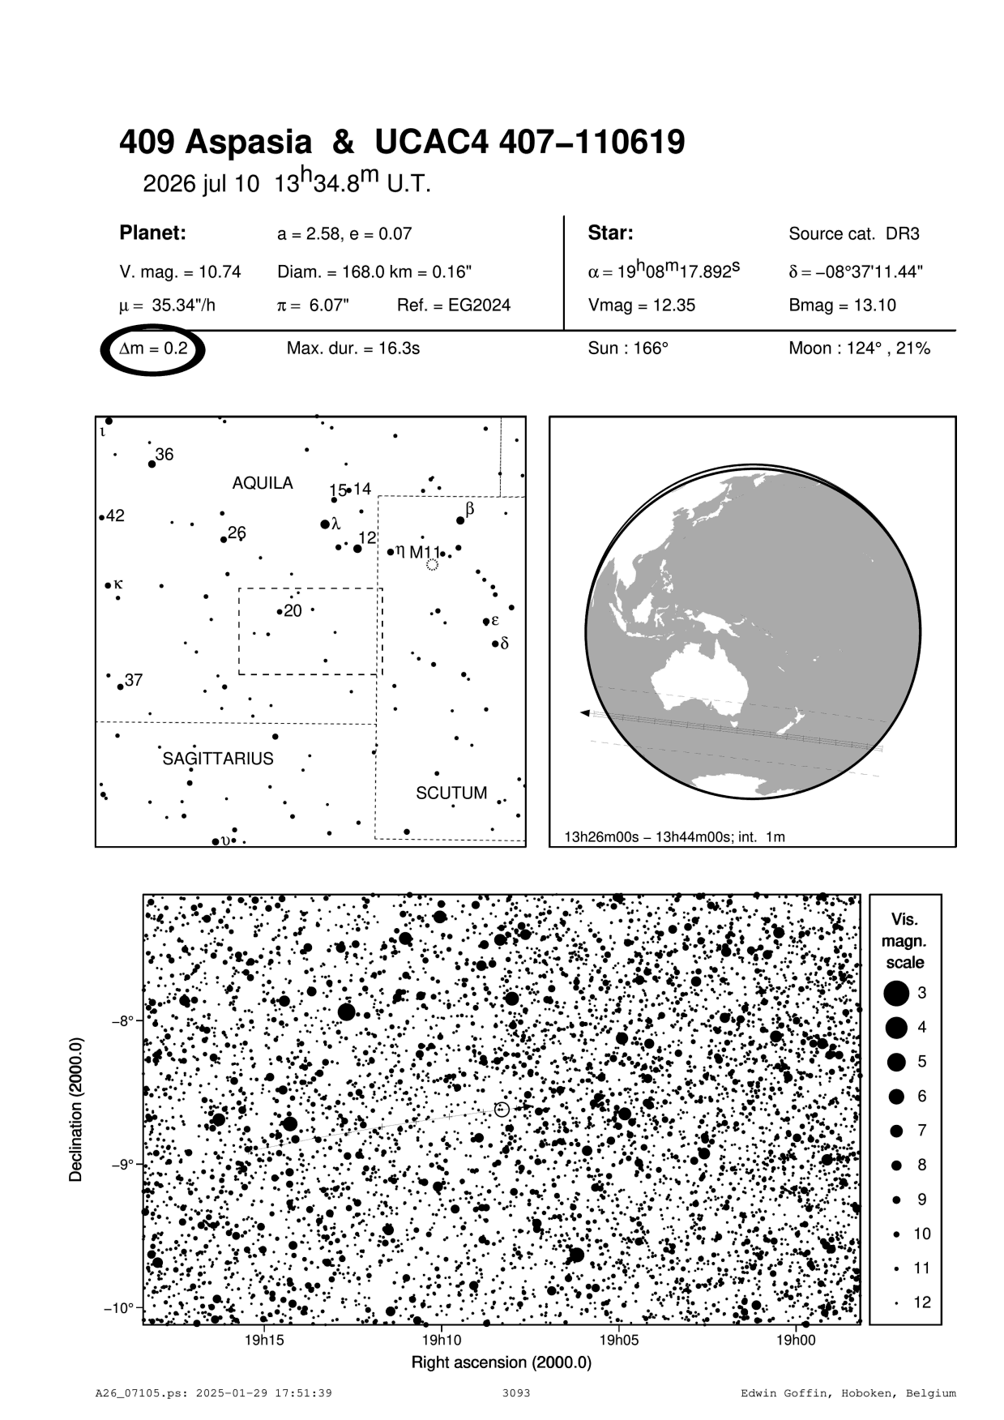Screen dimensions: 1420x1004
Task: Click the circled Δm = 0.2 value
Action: coord(153,349)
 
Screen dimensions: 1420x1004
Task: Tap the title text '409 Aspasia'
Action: coord(215,143)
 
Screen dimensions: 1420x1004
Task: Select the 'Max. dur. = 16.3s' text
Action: coord(353,349)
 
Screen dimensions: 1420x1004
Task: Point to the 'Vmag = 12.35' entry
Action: coord(642,306)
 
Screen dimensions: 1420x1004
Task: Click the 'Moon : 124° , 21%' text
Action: coord(859,349)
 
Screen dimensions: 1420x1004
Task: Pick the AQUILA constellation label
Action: coord(263,483)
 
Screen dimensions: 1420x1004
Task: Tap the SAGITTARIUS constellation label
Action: coord(218,759)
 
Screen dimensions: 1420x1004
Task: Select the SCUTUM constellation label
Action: coord(451,793)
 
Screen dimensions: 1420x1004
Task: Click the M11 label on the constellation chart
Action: coord(424,553)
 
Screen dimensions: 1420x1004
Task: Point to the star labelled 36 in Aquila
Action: coord(152,464)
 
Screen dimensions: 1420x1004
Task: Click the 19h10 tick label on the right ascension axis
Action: coord(441,1340)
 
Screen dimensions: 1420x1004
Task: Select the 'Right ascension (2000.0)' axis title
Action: coord(502,1362)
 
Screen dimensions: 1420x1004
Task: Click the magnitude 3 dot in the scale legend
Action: coord(896,993)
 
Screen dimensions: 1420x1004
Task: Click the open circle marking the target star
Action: coord(502,1110)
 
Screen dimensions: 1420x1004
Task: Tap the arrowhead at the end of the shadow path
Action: coord(584,713)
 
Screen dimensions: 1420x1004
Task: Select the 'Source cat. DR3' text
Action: coord(854,234)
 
